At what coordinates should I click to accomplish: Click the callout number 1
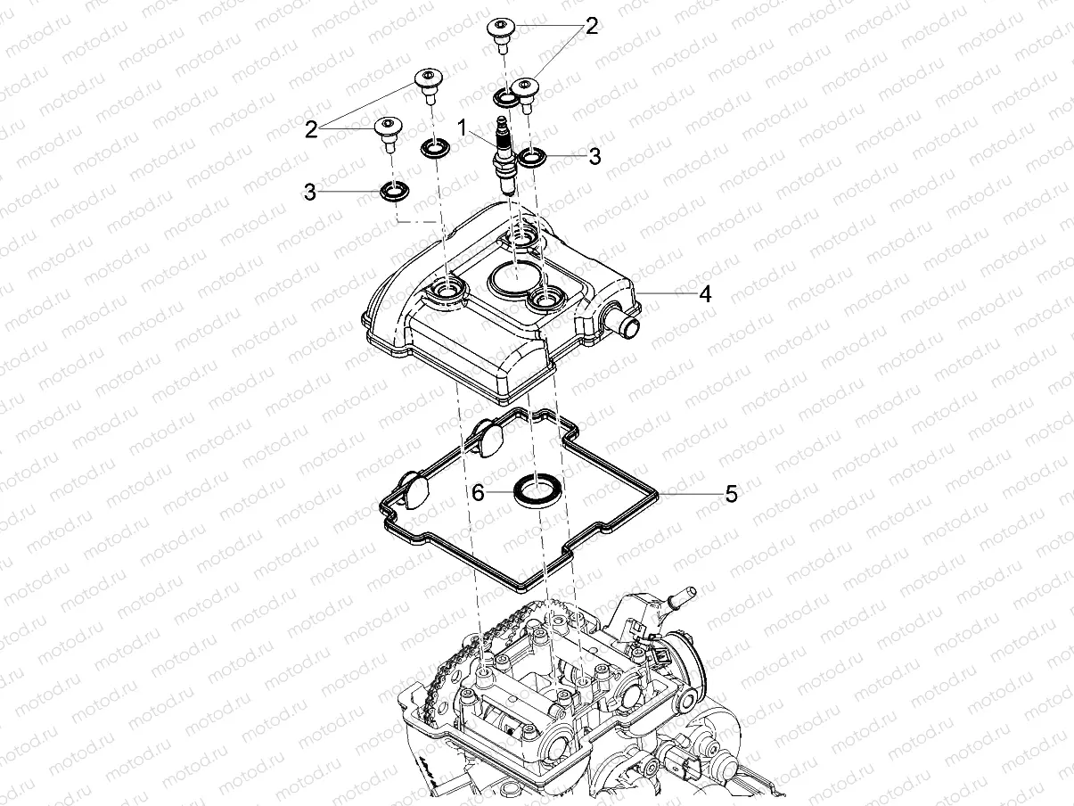click(x=462, y=127)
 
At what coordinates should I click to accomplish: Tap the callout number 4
click(x=705, y=294)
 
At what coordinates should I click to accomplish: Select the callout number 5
click(x=731, y=494)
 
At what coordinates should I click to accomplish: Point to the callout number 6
click(x=478, y=492)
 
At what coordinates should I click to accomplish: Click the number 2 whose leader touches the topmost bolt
click(x=592, y=27)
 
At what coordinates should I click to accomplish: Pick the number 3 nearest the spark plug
click(x=594, y=157)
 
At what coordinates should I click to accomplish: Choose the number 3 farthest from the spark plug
click(x=310, y=193)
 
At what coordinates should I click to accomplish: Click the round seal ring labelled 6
click(x=537, y=491)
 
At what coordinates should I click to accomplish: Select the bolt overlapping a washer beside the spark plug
click(x=525, y=95)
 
